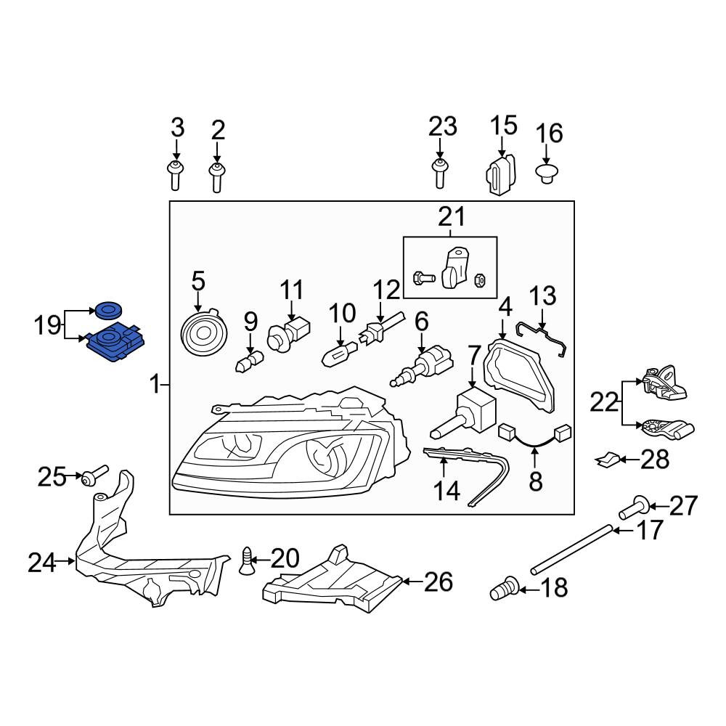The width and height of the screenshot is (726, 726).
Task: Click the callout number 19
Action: pyautogui.click(x=47, y=325)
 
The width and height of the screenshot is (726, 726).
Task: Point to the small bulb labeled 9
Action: pyautogui.click(x=249, y=361)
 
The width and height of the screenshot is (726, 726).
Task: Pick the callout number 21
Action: pyautogui.click(x=452, y=216)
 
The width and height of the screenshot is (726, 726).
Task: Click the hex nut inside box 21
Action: pyautogui.click(x=480, y=280)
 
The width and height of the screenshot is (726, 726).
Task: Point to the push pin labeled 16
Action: pyautogui.click(x=547, y=174)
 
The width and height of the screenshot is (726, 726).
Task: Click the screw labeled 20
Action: pyautogui.click(x=247, y=560)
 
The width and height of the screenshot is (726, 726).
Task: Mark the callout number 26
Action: pyautogui.click(x=438, y=582)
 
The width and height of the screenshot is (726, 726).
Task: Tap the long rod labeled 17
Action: pyautogui.click(x=573, y=550)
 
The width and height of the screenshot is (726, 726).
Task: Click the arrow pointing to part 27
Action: pyautogui.click(x=659, y=507)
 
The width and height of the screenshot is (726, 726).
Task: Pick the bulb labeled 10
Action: pyautogui.click(x=339, y=354)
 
